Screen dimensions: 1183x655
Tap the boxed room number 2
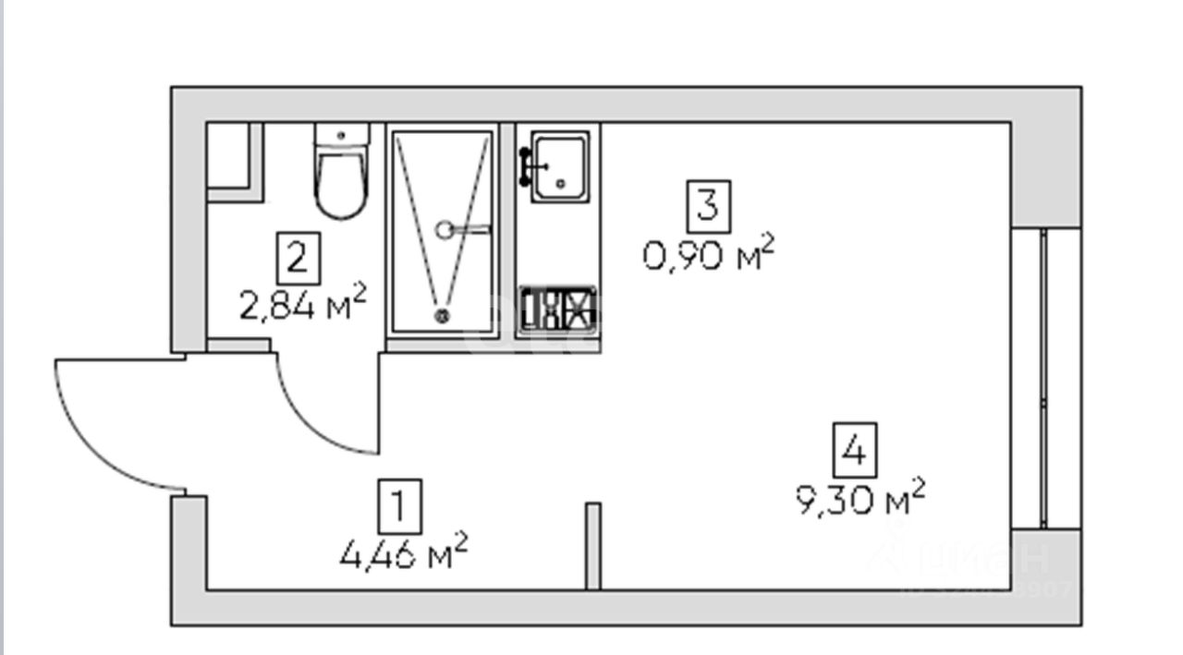(298, 259)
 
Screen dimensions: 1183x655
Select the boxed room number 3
(708, 205)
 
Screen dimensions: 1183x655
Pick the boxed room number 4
(855, 450)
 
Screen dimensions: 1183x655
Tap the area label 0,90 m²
(708, 253)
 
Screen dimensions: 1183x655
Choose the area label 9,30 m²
(860, 499)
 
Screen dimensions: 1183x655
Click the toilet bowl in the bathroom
(341, 182)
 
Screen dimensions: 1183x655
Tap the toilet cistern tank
(341, 135)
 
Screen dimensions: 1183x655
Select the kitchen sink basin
(560, 166)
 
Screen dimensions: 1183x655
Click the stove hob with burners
(556, 309)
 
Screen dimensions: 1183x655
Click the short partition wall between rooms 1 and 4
(593, 545)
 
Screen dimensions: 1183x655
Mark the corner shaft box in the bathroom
(232, 159)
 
